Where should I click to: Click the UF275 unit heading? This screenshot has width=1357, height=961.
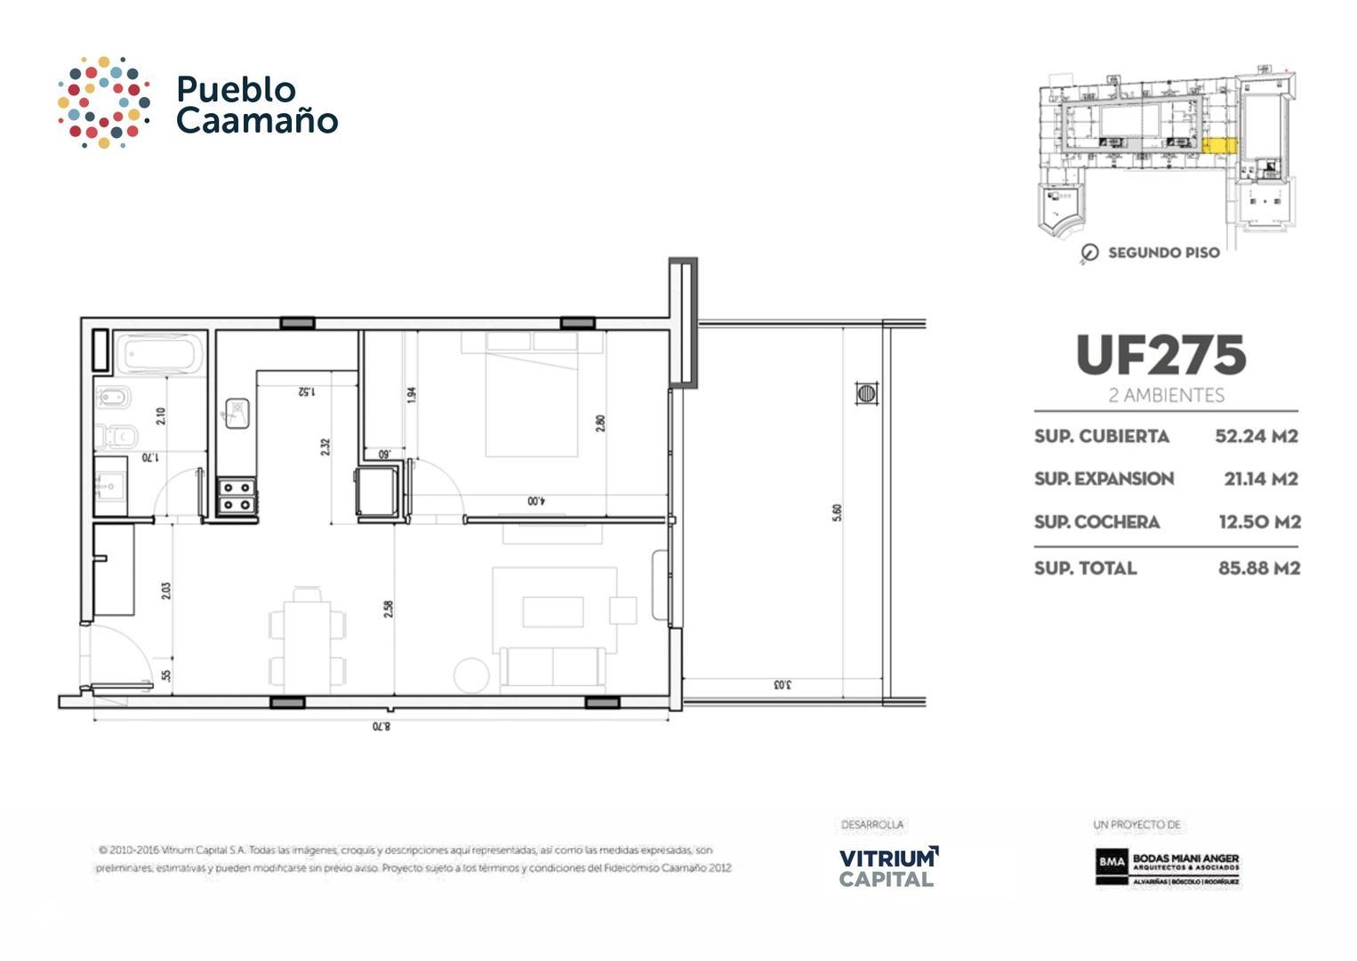click(x=1160, y=356)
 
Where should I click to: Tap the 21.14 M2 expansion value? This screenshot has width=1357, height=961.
click(x=1260, y=479)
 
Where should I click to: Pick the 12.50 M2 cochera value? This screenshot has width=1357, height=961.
click(x=1259, y=521)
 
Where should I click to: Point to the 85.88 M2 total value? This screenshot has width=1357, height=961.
click(x=1258, y=568)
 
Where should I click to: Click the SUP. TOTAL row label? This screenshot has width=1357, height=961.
click(x=1085, y=568)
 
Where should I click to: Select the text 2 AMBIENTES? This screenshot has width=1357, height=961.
click(x=1166, y=395)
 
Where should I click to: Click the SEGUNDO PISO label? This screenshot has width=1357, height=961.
click(x=1163, y=253)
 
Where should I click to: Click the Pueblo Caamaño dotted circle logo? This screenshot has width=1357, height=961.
click(x=103, y=102)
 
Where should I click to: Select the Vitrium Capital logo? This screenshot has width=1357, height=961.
click(x=887, y=867)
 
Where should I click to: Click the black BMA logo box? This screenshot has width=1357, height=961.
click(x=1112, y=861)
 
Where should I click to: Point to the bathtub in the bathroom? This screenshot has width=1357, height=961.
click(x=160, y=354)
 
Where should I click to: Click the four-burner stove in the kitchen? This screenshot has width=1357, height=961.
click(x=237, y=497)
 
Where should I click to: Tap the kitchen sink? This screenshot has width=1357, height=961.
click(x=237, y=413)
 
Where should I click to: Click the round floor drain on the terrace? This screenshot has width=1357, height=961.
click(x=866, y=392)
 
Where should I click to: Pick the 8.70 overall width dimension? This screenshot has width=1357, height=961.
click(x=381, y=726)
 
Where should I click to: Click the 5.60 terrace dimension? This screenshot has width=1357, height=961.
click(x=837, y=513)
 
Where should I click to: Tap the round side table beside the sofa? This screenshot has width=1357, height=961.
click(x=471, y=675)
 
